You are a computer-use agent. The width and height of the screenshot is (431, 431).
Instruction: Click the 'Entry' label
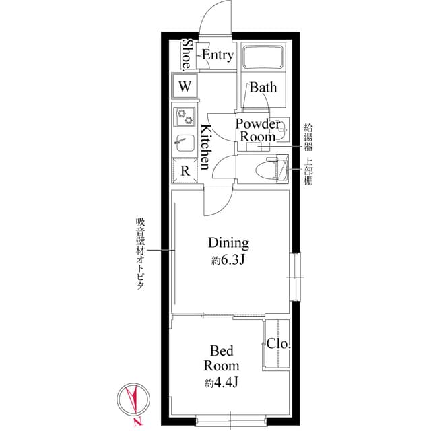click(x=218, y=55)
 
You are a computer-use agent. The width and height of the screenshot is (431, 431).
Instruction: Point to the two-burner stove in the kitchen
click(x=185, y=117)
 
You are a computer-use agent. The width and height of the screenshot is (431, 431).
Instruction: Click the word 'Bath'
click(x=263, y=87)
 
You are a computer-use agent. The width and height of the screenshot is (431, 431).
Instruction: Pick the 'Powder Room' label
click(x=257, y=130)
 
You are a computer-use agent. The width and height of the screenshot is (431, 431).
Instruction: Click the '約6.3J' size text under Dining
click(x=227, y=259)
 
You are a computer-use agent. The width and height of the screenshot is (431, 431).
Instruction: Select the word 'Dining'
click(x=228, y=243)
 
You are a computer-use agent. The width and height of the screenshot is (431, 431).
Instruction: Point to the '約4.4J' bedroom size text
click(x=223, y=383)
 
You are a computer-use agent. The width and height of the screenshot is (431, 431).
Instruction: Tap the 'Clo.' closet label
click(x=278, y=343)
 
